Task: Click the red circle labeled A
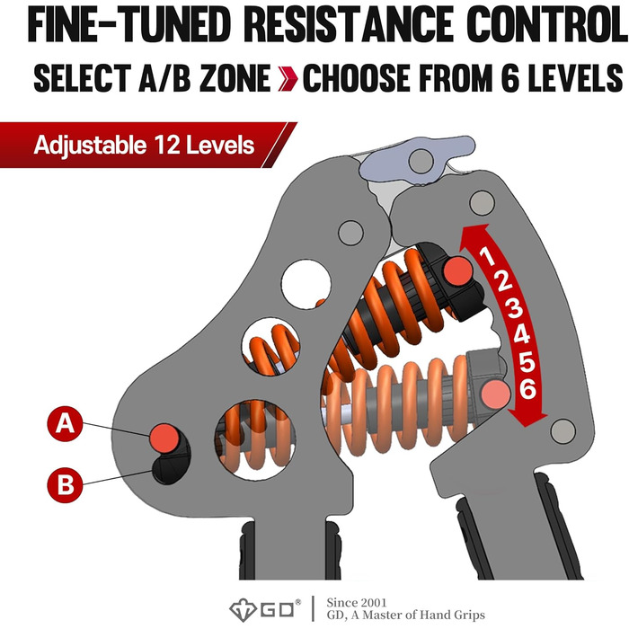pos(65,423)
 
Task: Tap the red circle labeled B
pos(65,484)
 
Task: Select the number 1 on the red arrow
pos(487,256)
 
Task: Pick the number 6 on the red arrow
pos(528,388)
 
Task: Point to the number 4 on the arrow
pos(522,334)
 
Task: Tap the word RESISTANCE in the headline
pos(349,25)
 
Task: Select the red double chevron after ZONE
pos(288,78)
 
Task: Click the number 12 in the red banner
pos(165,145)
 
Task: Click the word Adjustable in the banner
pos(90,146)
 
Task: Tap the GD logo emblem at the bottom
pos(243,610)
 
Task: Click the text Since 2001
pos(357,603)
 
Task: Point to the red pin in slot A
pos(164,439)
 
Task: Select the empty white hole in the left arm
pos(306,284)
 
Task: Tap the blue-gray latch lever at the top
pos(417,159)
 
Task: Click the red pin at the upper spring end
pos(457,271)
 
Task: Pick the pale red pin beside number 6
pos(496,394)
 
